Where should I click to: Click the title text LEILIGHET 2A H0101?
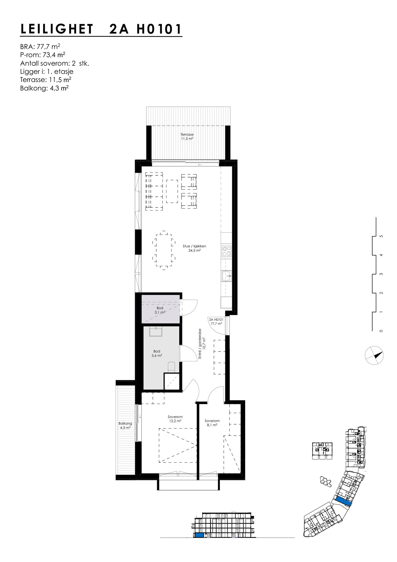coord(101,29)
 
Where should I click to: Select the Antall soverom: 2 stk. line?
coord(54,63)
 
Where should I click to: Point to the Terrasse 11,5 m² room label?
coord(187,137)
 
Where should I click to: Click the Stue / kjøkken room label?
coord(194,248)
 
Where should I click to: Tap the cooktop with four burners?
coord(227,251)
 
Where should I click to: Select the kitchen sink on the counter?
coord(226,276)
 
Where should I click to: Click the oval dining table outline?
coord(164,250)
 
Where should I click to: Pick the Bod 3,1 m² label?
coord(160,310)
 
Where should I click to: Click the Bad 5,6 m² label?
coord(157,353)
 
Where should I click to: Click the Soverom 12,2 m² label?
coord(175,419)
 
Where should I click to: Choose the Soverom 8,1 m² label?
coord(212,423)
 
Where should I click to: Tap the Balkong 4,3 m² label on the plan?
coord(125,426)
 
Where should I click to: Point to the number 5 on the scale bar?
coord(381,236)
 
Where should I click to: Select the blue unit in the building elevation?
coord(199,535)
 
